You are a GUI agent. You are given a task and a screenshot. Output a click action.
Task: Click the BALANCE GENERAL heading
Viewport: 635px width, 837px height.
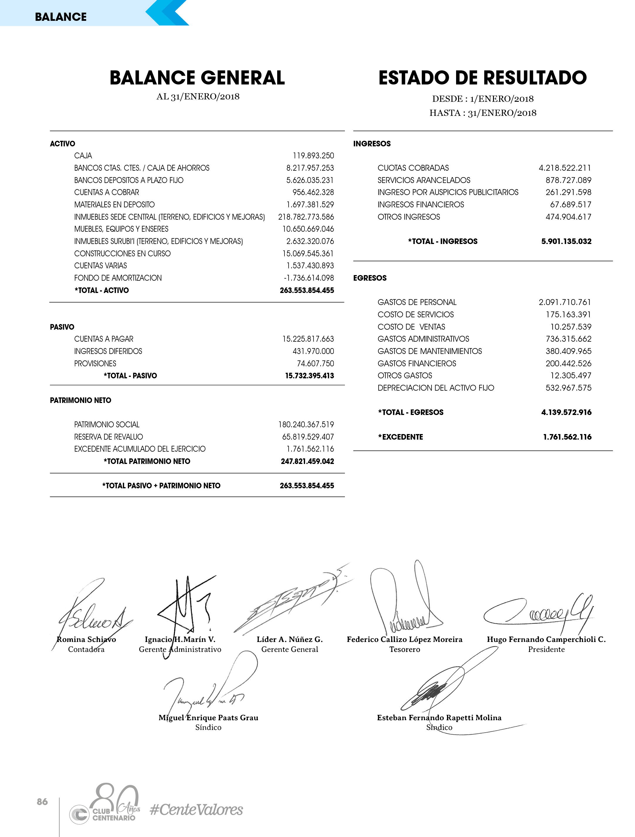click(197, 78)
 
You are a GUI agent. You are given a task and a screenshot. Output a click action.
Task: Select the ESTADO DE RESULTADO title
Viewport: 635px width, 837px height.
click(482, 78)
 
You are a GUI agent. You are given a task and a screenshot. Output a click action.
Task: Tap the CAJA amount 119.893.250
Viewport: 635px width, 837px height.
click(313, 155)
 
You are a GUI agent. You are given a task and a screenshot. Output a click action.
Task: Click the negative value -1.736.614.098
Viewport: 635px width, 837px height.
click(309, 278)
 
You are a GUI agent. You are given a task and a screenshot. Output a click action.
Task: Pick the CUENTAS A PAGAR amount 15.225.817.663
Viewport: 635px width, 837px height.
click(308, 339)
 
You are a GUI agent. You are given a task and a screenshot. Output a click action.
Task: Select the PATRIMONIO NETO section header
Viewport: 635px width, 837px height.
click(81, 400)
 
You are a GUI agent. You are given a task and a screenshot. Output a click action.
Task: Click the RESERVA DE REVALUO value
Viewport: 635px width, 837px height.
click(308, 437)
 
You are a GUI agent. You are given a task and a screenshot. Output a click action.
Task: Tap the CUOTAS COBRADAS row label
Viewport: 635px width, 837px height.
click(413, 168)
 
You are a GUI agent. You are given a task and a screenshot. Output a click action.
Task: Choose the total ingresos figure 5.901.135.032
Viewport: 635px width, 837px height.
click(566, 241)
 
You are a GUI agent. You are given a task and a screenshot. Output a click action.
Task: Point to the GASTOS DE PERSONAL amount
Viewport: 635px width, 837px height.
click(565, 302)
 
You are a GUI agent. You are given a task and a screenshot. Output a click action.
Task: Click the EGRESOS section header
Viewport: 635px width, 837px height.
click(370, 278)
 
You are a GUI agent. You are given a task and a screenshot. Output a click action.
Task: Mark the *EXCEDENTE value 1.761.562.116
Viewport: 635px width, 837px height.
click(567, 437)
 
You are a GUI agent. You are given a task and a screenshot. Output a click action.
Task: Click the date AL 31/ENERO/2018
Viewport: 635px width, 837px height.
click(198, 96)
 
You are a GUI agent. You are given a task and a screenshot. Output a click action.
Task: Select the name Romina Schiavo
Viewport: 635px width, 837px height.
click(86, 639)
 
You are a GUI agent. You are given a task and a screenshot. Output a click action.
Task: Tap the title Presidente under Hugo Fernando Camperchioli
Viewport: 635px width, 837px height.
click(546, 649)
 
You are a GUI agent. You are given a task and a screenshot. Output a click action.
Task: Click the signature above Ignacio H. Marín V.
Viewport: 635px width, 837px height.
click(185, 605)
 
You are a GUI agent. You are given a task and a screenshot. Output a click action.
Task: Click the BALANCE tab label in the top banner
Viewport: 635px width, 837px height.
click(60, 17)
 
